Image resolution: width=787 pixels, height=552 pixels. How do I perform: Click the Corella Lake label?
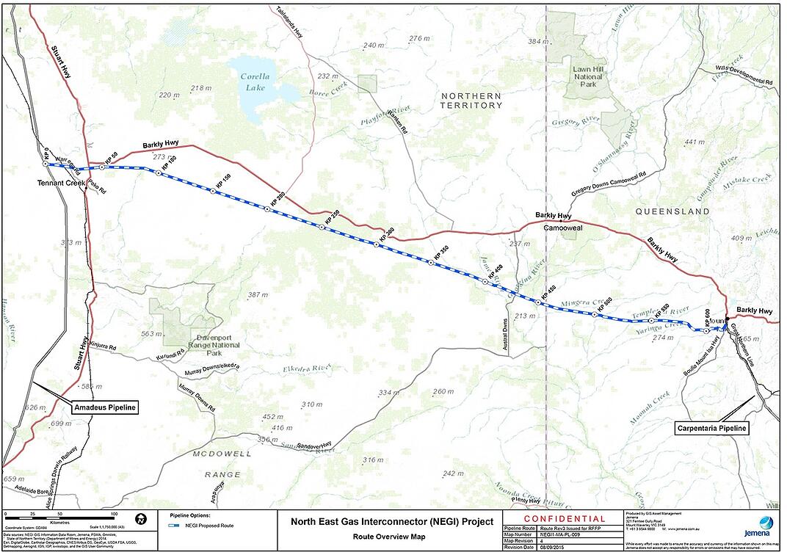(255, 81)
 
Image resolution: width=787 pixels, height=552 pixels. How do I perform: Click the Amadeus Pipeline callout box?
(104, 406)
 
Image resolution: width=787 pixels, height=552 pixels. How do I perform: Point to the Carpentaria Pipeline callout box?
(711, 428)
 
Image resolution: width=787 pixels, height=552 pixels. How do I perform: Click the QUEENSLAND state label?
(672, 211)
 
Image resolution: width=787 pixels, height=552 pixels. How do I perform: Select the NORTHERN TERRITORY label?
(471, 101)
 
